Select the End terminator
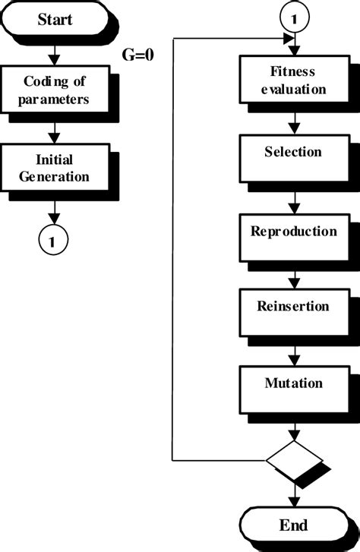click(x=292, y=525)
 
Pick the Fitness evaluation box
click(x=292, y=81)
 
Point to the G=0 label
click(x=138, y=55)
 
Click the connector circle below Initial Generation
click(x=52, y=241)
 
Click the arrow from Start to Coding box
click(x=52, y=52)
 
